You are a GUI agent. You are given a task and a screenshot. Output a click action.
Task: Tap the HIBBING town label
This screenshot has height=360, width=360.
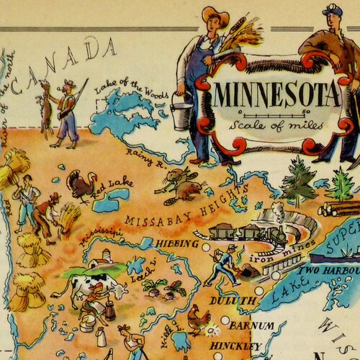click(x=176, y=243)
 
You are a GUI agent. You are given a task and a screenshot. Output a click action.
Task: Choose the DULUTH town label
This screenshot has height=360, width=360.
click(x=233, y=300)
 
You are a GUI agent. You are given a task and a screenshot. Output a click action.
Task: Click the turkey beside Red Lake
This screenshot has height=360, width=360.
click(x=80, y=186)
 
